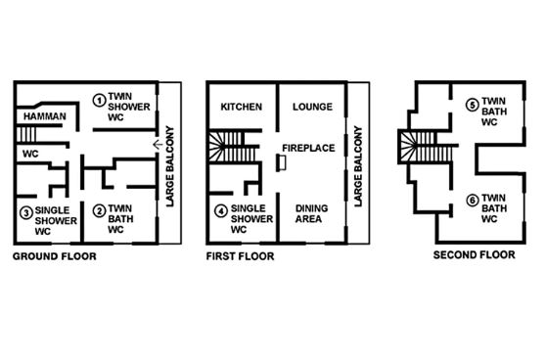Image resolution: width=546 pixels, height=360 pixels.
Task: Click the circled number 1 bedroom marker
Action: [x=99, y=100]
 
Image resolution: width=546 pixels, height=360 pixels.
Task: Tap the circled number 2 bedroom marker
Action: [x=99, y=210]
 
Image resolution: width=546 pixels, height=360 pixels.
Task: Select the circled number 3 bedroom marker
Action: [x=26, y=212]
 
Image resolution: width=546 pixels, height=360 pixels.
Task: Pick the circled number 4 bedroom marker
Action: [x=221, y=210]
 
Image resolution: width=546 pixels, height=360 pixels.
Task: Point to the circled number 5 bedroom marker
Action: [x=473, y=105]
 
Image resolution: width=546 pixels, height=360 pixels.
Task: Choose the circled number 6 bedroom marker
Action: [x=473, y=201]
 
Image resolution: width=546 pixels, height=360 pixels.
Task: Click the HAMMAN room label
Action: [x=45, y=116]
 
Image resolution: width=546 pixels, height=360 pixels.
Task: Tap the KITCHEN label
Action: [x=242, y=107]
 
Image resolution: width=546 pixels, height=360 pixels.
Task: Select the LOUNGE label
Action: [x=312, y=107]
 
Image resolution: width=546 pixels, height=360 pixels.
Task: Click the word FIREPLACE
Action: [x=308, y=148]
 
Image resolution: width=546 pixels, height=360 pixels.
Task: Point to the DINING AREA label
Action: [x=311, y=213]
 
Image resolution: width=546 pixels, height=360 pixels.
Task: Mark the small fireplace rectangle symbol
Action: [x=282, y=163]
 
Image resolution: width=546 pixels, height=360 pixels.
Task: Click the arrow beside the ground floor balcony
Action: [x=158, y=144]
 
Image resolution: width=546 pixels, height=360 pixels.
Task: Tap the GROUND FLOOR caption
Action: [x=55, y=256]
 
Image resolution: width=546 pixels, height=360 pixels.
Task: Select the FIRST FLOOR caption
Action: [x=241, y=256]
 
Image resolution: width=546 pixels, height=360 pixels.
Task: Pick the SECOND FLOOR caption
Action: [x=475, y=255]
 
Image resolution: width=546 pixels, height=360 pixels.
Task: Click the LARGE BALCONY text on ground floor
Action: [x=169, y=166]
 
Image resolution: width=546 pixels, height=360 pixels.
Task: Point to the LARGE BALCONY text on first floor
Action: [x=358, y=166]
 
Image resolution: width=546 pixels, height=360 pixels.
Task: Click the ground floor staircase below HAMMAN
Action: [x=26, y=134]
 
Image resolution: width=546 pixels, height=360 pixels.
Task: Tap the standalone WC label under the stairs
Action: [x=30, y=154]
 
